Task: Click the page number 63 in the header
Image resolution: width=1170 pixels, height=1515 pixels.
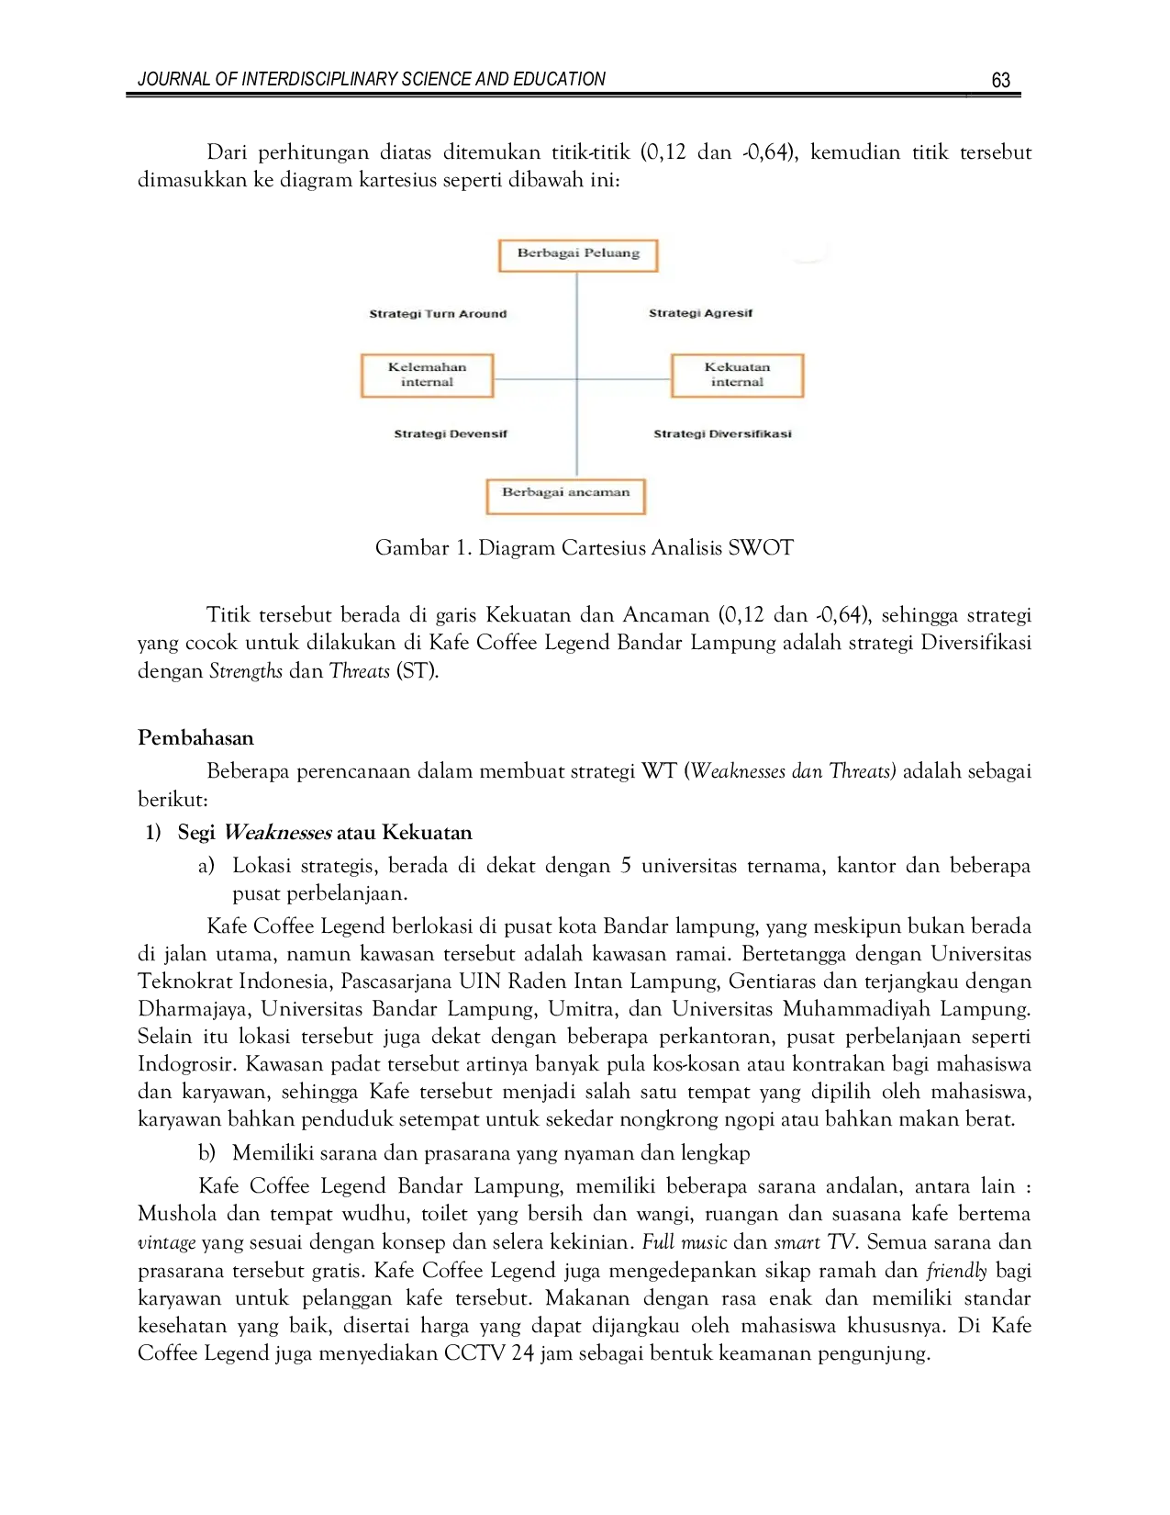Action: coord(1000,81)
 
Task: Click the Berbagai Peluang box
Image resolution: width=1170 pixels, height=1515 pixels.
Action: coord(578,255)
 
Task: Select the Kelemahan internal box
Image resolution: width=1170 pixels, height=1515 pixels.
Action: coord(428,376)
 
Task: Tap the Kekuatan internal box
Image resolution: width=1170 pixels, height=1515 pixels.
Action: coord(737,376)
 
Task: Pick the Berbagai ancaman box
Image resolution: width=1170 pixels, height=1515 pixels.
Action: coord(565,497)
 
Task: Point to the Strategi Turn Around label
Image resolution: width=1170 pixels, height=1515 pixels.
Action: coord(438,314)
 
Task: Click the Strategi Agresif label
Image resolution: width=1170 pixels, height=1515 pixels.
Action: coord(700,314)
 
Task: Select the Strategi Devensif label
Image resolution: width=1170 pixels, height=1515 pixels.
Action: coord(451,434)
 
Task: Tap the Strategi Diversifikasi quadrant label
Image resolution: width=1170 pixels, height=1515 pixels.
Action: coord(722,434)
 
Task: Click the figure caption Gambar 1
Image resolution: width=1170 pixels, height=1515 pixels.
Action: coord(584,547)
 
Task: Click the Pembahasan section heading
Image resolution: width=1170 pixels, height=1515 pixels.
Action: coord(195,737)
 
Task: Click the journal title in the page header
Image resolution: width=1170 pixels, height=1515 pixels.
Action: coord(372,80)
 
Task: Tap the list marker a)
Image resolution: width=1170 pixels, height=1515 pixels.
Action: coord(206,866)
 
